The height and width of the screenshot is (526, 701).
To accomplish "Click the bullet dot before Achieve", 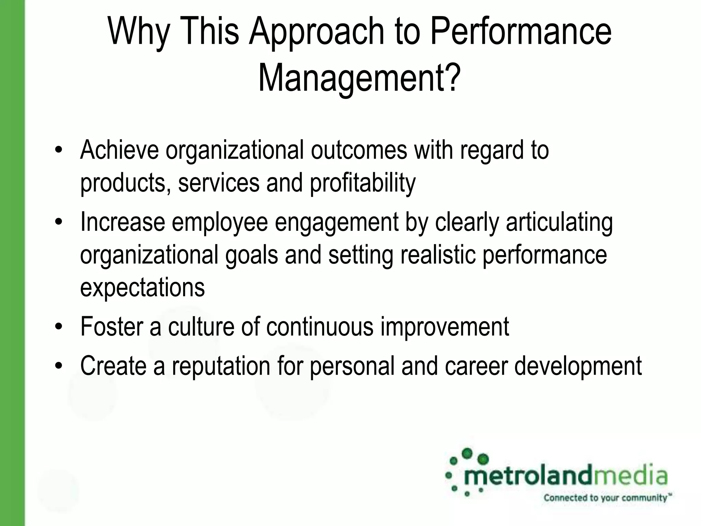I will (59, 150).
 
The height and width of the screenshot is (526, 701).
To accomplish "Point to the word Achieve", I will (119, 150).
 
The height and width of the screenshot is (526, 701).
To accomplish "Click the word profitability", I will (362, 183).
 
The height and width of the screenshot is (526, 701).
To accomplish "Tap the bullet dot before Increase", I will (59, 222).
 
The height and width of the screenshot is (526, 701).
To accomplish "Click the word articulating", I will (559, 222).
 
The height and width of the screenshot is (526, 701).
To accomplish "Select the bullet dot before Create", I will (59, 366).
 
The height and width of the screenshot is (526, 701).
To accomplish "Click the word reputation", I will (221, 366).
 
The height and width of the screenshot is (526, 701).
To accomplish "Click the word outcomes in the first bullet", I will (359, 150).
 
